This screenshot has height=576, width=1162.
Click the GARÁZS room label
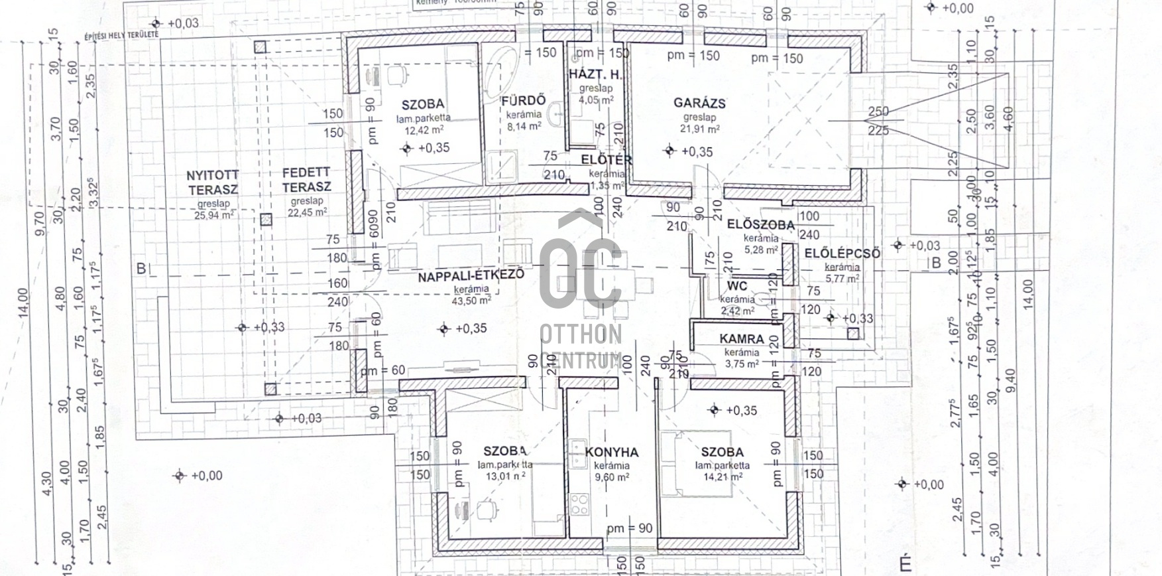(699, 103)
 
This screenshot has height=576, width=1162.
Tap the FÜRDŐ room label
(524, 100)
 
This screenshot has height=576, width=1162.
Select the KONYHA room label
(612, 452)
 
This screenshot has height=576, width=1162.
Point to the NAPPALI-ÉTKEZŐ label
(471, 275)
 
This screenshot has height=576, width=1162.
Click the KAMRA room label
(742, 339)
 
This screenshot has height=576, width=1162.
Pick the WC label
(737, 286)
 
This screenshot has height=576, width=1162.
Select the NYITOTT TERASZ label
(213, 182)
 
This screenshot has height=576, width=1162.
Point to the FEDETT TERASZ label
(306, 180)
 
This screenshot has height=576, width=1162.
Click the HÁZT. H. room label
(596, 74)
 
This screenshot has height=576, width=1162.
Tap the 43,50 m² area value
(472, 300)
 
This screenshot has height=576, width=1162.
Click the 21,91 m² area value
(700, 129)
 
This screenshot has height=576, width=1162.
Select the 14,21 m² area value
(722, 476)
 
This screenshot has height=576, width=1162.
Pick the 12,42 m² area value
(424, 130)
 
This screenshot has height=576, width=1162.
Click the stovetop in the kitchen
(579, 504)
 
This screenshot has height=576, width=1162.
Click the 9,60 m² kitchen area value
(612, 477)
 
